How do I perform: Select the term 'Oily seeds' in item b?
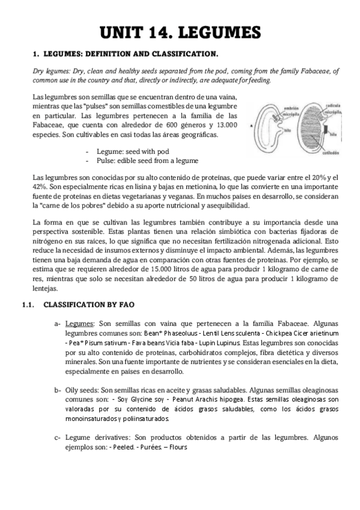pos(82,390)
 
